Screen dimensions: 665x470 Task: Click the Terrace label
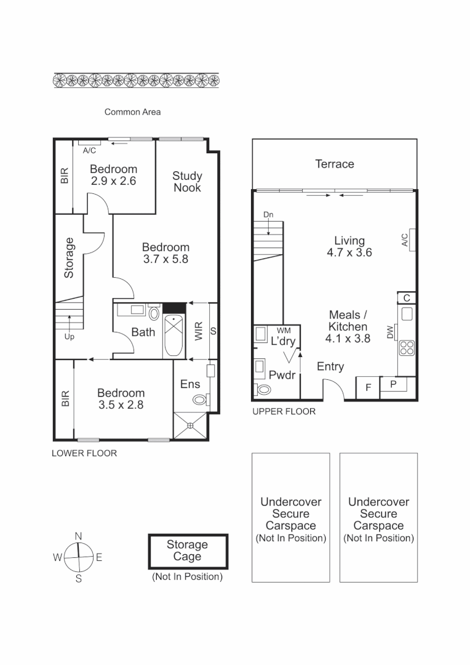click(x=335, y=164)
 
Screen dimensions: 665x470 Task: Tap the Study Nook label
click(x=187, y=182)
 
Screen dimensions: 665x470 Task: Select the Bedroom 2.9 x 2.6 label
click(x=113, y=175)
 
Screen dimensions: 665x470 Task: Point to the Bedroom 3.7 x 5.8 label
click(x=165, y=253)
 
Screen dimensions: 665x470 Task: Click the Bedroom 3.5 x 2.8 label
click(x=121, y=398)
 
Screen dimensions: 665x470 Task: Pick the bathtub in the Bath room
click(x=173, y=336)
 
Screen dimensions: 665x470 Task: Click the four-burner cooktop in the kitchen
click(x=407, y=348)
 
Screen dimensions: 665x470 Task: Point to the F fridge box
click(x=368, y=387)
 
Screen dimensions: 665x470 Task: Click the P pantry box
click(x=393, y=384)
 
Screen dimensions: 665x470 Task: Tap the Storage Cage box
click(x=188, y=551)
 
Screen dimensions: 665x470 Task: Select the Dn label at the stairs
click(x=268, y=214)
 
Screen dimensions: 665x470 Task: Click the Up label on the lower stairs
click(x=69, y=337)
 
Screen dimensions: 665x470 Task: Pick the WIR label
click(x=199, y=332)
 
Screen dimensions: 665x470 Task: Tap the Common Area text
click(x=132, y=112)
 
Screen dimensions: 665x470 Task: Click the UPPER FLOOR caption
click(x=284, y=411)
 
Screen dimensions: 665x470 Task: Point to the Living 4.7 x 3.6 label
click(x=349, y=246)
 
